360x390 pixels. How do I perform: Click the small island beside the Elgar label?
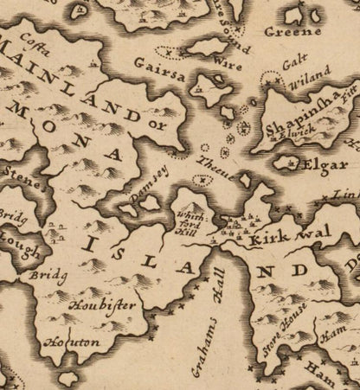(284, 160)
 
